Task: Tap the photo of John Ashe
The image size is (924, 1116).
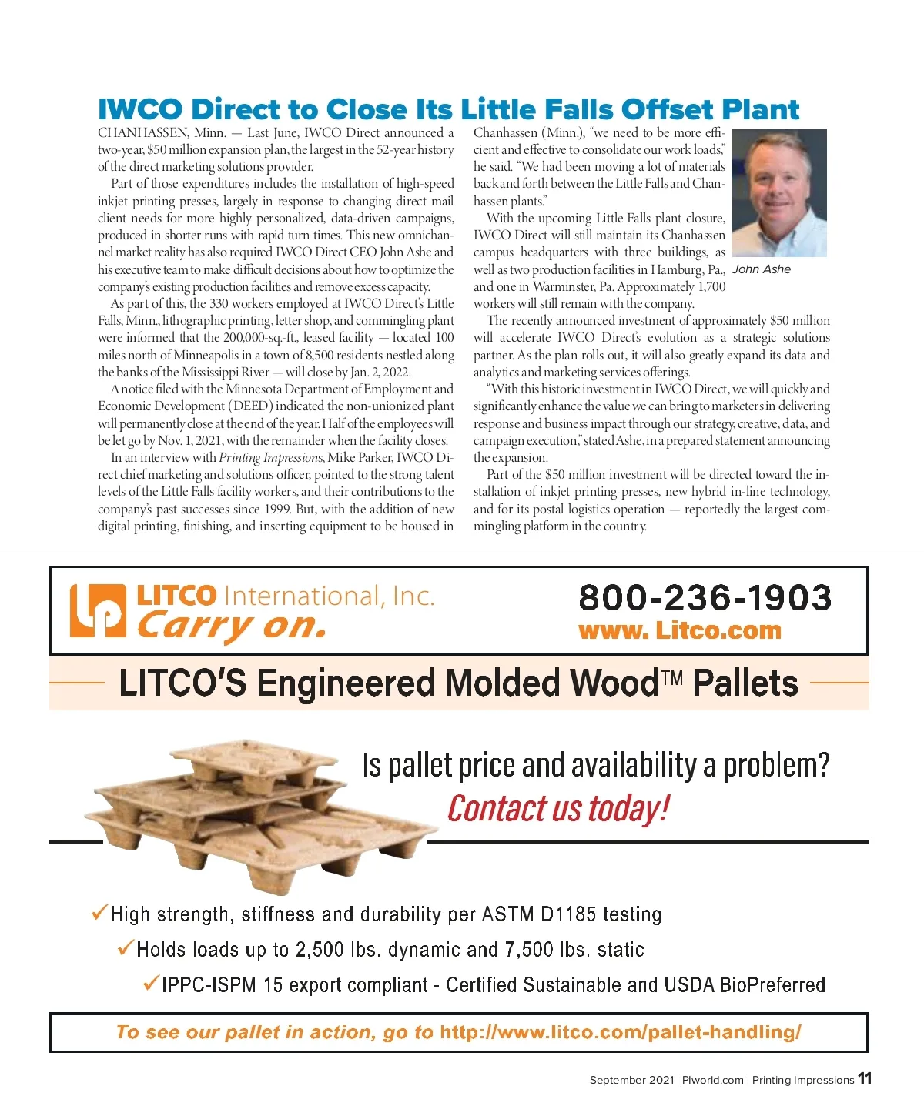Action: (x=778, y=192)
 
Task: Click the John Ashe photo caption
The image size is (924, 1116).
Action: (x=761, y=269)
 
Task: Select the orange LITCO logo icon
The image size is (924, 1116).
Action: (x=97, y=611)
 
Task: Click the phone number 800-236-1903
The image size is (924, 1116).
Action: (x=705, y=598)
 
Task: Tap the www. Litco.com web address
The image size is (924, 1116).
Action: (x=679, y=631)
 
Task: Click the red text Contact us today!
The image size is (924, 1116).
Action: (x=558, y=809)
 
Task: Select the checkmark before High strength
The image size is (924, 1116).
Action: (x=99, y=913)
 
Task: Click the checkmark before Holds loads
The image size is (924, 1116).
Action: (x=126, y=947)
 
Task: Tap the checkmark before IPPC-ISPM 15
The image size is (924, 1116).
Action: (x=151, y=983)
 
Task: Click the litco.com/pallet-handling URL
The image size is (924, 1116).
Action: (x=620, y=1032)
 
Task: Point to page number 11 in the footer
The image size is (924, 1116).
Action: (x=865, y=1078)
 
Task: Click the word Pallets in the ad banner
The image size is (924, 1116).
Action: (x=745, y=683)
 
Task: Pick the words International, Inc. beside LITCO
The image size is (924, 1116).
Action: (x=329, y=596)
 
